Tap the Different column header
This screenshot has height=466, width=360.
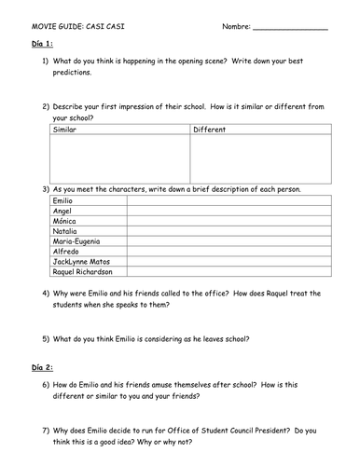[x=211, y=130]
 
